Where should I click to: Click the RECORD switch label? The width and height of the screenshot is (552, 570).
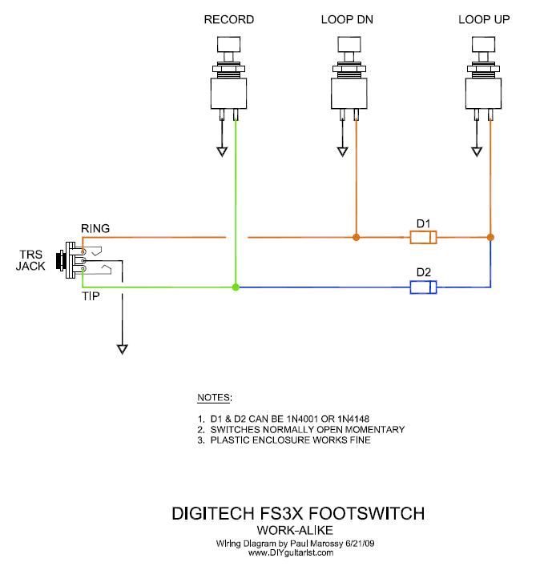pos(228,19)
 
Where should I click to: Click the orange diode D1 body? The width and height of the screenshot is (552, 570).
pos(422,238)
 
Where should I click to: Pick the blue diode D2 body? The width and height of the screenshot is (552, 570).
pos(422,287)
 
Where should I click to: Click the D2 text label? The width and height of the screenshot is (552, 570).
pos(422,272)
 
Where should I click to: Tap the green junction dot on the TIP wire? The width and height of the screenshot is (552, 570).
pos(235,287)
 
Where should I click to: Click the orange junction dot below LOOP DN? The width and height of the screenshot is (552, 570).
pos(356,237)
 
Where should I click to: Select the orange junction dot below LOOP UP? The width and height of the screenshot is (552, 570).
pos(490,237)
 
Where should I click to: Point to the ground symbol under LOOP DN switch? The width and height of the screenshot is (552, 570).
pos(343,151)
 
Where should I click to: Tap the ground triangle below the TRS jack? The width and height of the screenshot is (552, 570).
pos(122,349)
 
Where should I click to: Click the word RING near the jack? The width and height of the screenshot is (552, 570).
pos(95,229)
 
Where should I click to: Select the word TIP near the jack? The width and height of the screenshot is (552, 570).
pos(90,296)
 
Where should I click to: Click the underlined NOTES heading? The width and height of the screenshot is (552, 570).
pos(214,398)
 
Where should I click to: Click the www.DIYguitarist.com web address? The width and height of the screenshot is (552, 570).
pos(290,552)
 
